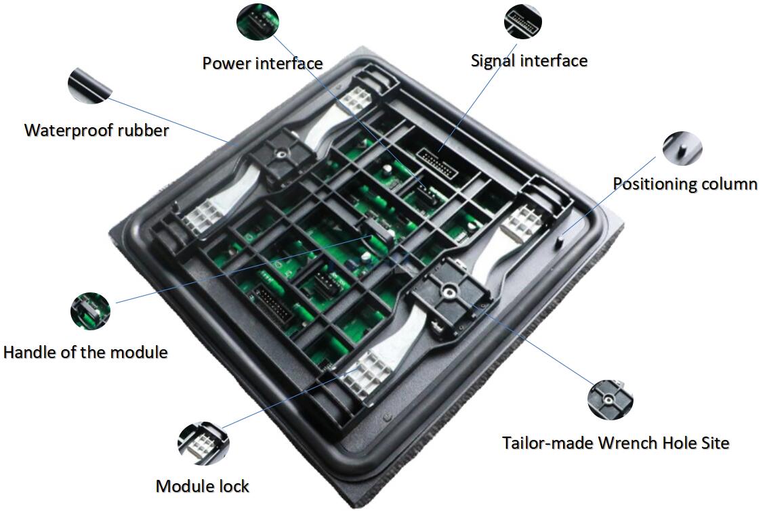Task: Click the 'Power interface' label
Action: [263, 64]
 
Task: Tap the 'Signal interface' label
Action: [528, 61]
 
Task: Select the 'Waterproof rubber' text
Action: [96, 131]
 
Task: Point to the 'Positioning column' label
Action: [685, 184]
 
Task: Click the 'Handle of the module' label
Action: [85, 352]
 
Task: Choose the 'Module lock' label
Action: [203, 486]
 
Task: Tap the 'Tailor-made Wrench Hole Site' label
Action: [616, 443]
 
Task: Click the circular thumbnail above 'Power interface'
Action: [257, 21]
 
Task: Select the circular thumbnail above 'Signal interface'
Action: [523, 21]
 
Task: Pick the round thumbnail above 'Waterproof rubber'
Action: [90, 85]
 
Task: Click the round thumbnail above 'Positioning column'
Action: [682, 148]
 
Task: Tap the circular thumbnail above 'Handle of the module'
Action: [91, 311]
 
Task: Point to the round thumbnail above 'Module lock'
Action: [203, 443]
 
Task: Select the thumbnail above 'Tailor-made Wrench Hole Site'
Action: [610, 399]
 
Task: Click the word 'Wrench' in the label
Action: [627, 443]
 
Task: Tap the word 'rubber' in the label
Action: [144, 131]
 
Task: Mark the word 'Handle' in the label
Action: [29, 352]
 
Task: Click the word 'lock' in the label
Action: [234, 486]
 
